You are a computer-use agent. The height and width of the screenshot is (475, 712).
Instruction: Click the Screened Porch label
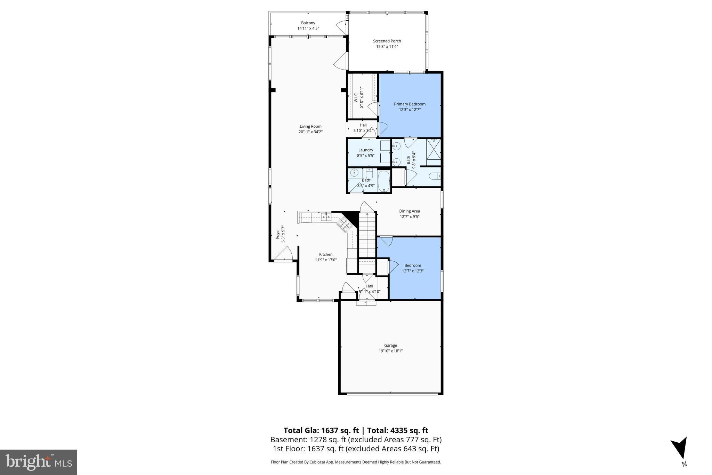pyautogui.click(x=387, y=41)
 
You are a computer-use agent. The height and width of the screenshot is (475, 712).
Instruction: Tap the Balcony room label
pyautogui.click(x=308, y=23)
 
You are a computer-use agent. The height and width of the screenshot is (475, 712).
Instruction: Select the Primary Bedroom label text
pyautogui.click(x=410, y=104)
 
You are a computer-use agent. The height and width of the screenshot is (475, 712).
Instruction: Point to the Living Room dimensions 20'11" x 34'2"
pyautogui.click(x=310, y=132)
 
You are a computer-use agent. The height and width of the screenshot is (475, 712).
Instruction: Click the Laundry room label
pyautogui.click(x=366, y=150)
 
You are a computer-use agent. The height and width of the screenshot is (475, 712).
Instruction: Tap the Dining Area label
pyautogui.click(x=410, y=211)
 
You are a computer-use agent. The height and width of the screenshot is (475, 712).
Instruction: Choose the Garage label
pyautogui.click(x=390, y=345)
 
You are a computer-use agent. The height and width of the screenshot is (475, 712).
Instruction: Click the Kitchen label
pyautogui.click(x=326, y=254)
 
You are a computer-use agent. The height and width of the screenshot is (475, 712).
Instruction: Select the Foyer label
pyautogui.click(x=278, y=233)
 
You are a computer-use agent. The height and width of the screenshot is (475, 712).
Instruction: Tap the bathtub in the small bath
pyautogui.click(x=384, y=181)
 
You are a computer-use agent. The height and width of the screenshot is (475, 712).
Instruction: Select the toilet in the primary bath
pyautogui.click(x=435, y=176)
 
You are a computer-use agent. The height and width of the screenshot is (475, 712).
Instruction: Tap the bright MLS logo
pyautogui.click(x=39, y=462)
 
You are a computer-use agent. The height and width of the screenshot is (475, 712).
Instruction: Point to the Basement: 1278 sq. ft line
pyautogui.click(x=356, y=440)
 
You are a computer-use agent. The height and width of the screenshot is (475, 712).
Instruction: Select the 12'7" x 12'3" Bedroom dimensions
pyautogui.click(x=413, y=271)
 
